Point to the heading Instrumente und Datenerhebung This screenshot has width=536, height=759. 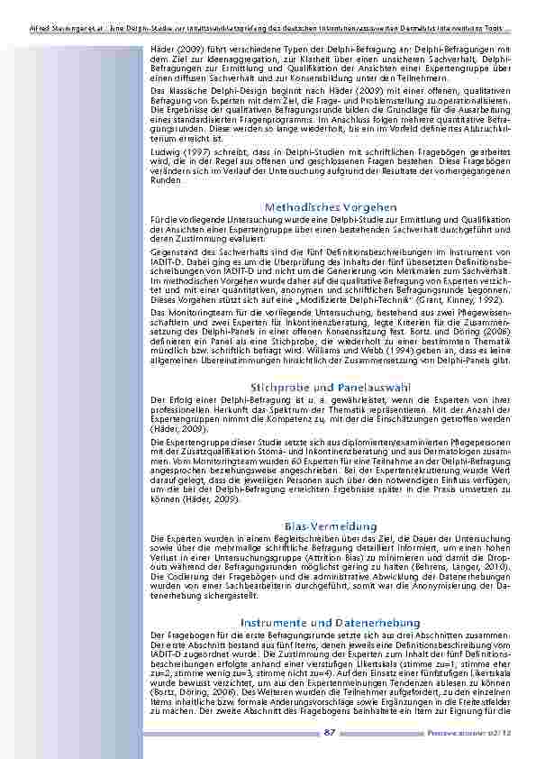pos(330,623)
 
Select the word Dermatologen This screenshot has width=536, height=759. pos(461,453)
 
